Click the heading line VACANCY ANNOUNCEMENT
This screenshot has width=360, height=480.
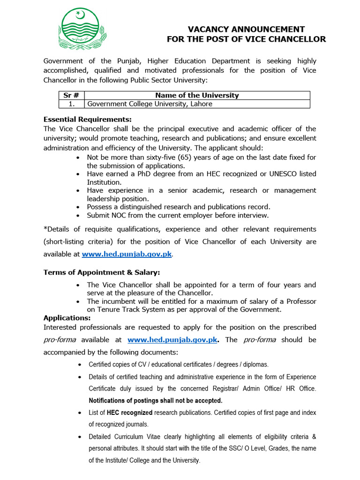pos(246,29)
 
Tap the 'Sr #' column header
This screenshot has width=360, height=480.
pos(70,96)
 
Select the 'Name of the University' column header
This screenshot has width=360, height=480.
pos(197,96)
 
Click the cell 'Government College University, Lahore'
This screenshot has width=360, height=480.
pos(150,104)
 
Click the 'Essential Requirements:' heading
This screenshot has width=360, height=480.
pos(88,119)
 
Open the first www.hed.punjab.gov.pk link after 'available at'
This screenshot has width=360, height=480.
pos(127,254)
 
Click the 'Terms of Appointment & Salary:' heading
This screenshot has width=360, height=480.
pos(102,272)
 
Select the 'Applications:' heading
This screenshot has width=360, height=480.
pos(67,318)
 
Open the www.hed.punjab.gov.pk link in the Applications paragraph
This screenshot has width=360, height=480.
pos(172,340)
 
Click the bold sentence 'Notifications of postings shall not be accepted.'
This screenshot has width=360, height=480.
pos(156,401)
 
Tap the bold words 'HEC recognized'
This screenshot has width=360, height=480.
pos(129,413)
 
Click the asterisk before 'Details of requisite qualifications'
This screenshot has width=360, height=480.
pos(45,229)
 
